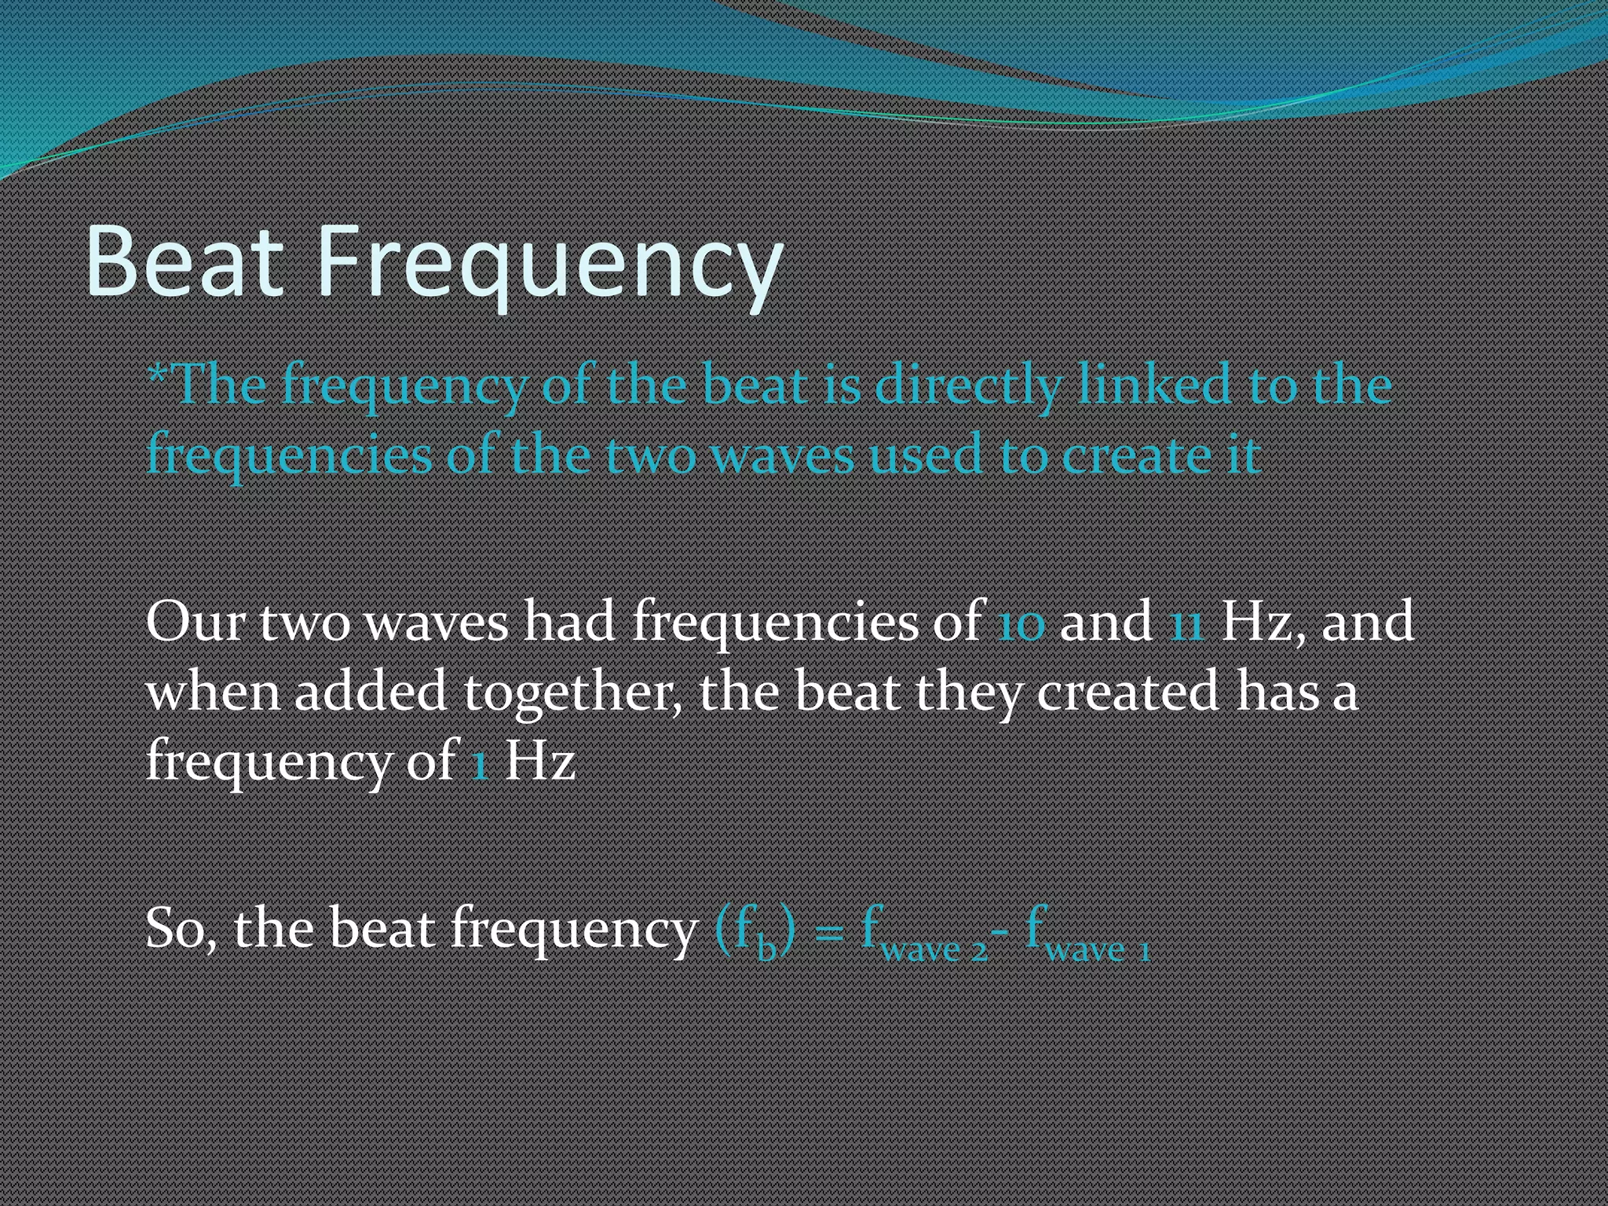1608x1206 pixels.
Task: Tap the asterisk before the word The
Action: click(157, 374)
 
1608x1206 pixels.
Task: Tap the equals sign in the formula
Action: click(829, 933)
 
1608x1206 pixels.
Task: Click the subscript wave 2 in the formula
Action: click(934, 950)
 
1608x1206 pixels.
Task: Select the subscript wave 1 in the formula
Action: click(1098, 950)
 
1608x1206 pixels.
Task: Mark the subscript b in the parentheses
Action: click(766, 948)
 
